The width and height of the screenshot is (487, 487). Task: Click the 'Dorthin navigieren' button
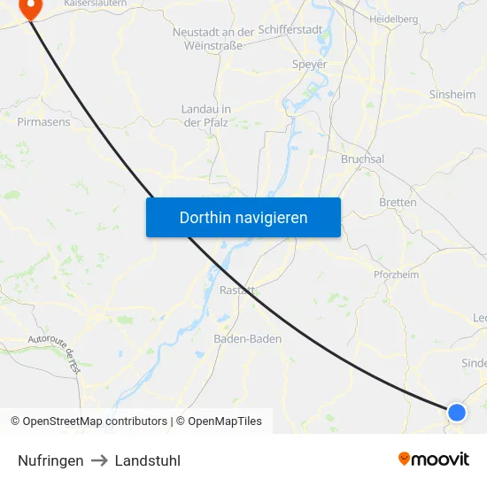pyautogui.click(x=243, y=217)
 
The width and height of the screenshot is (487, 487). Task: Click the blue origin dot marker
pyautogui.click(x=457, y=412)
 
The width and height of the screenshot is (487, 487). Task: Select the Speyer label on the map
pyautogui.click(x=310, y=65)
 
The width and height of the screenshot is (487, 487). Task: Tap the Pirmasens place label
pyautogui.click(x=43, y=122)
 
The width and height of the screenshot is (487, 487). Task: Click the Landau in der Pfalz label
pyautogui.click(x=205, y=115)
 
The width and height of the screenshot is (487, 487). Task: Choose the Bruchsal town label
pyautogui.click(x=362, y=159)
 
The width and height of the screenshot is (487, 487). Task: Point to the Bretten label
pyautogui.click(x=398, y=203)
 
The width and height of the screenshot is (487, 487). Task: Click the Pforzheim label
pyautogui.click(x=396, y=275)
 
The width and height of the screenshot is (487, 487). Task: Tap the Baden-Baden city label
pyautogui.click(x=248, y=339)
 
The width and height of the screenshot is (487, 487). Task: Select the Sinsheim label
pyautogui.click(x=452, y=95)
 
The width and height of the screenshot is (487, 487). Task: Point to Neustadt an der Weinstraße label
pyautogui.click(x=213, y=38)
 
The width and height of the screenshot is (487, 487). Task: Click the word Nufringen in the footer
pyautogui.click(x=50, y=460)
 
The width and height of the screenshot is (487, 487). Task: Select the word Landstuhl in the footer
pyautogui.click(x=148, y=460)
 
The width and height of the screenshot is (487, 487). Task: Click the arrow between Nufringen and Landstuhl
pyautogui.click(x=99, y=460)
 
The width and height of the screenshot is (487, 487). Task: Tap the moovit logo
pyautogui.click(x=434, y=459)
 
